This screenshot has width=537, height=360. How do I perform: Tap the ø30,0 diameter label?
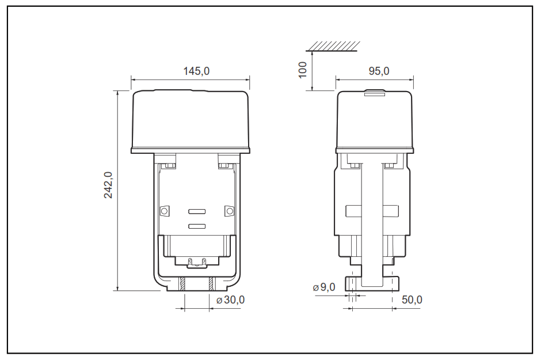tap(230, 300)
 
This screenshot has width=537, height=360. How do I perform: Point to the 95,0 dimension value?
tap(378, 71)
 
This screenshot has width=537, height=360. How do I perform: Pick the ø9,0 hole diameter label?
tap(323, 287)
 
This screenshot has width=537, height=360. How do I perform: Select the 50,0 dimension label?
tap(412, 300)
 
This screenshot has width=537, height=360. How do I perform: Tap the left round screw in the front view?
tap(164, 211)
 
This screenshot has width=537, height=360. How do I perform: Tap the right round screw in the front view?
tap(229, 211)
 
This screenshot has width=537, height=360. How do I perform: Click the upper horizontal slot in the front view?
tap(197, 211)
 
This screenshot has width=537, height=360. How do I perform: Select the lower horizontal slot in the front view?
tap(197, 226)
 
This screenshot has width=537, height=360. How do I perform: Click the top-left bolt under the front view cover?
tap(169, 166)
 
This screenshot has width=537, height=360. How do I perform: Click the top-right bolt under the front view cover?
tap(225, 166)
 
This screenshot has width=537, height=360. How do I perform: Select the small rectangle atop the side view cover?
tap(375, 92)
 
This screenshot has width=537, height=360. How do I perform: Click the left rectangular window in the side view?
tap(353, 211)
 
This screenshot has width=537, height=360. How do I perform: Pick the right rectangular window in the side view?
tap(391, 211)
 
